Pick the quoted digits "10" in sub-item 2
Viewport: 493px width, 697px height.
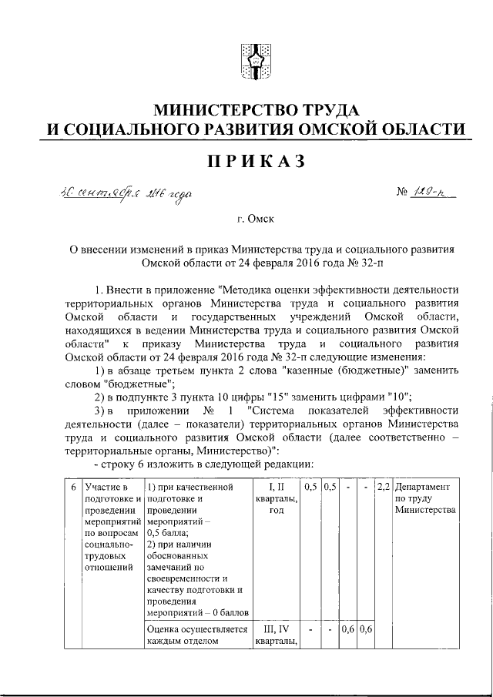(399, 397)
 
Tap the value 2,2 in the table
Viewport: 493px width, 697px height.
(382, 488)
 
